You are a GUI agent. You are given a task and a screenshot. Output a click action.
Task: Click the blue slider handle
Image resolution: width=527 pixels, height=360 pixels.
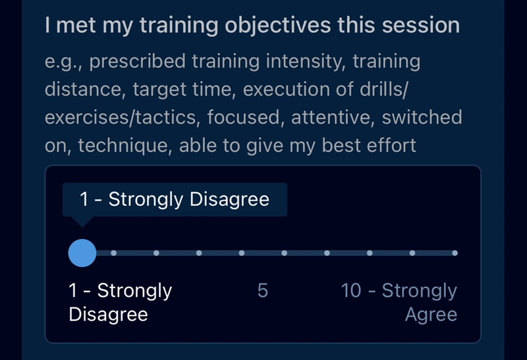coord(82,253)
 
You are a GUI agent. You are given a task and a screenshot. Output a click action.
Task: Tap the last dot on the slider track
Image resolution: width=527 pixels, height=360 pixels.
coord(455,253)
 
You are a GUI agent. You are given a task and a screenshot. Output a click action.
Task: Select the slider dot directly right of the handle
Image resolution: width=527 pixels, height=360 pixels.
coord(113,253)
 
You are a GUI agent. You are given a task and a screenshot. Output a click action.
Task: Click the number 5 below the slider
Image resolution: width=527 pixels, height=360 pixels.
coord(262,290)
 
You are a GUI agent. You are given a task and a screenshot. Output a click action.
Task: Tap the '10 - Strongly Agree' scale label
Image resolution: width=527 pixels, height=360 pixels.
coord(399,302)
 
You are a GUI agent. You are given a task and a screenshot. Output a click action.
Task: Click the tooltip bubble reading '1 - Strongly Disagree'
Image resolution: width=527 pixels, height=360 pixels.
coord(175,199)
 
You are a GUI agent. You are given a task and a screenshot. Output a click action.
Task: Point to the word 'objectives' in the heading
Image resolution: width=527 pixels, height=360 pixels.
coord(277,26)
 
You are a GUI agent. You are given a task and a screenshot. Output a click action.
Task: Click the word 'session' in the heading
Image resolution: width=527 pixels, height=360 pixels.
coord(421,26)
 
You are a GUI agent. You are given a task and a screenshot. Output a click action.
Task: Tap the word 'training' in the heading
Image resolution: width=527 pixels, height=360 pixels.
coord(179,26)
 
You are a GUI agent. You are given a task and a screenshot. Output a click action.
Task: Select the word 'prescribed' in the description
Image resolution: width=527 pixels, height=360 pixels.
coord(138,61)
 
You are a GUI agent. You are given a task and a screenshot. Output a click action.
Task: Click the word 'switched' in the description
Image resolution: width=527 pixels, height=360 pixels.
coord(422,117)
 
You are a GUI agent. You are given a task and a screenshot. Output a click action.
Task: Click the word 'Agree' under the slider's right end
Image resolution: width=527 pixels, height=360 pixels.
coord(431,315)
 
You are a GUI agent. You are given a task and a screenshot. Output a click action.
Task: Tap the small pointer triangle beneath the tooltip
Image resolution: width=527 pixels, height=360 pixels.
coord(82,221)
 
